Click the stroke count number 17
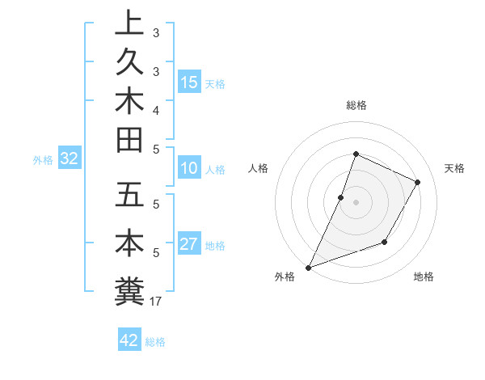pyautogui.click(x=155, y=302)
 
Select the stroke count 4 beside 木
pyautogui.click(x=155, y=109)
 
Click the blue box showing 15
pyautogui.click(x=189, y=82)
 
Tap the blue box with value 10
pyautogui.click(x=189, y=168)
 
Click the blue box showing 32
pyautogui.click(x=69, y=159)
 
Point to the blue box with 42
pyautogui.click(x=129, y=340)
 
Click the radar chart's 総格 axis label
pyautogui.click(x=356, y=105)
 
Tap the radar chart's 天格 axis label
pyautogui.click(x=454, y=168)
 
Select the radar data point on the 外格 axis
pyautogui.click(x=308, y=268)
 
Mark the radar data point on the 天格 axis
pyautogui.click(x=417, y=182)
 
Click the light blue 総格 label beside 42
pyautogui.click(x=155, y=342)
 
